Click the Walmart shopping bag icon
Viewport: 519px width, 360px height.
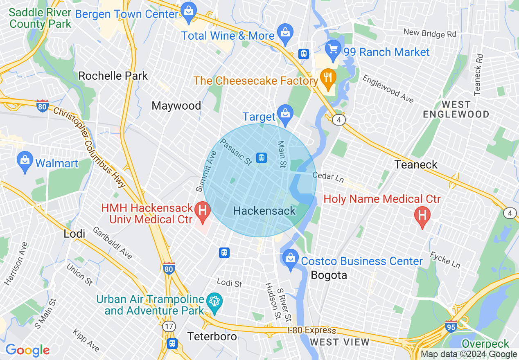tap(25, 162)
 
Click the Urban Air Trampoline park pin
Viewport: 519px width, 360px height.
tap(214, 303)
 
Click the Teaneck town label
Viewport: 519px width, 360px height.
tap(416, 164)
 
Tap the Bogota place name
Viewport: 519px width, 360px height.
tap(329, 275)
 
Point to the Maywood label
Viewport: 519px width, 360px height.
tap(176, 106)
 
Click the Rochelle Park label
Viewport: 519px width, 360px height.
tap(113, 76)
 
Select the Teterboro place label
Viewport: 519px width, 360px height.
tap(212, 336)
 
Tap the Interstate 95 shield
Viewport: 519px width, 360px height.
tap(451, 327)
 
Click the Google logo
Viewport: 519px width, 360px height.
tap(27, 350)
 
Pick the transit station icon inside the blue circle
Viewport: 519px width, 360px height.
tap(262, 157)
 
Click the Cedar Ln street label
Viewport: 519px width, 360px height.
tap(328, 176)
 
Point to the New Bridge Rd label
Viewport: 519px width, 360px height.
tap(429, 33)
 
